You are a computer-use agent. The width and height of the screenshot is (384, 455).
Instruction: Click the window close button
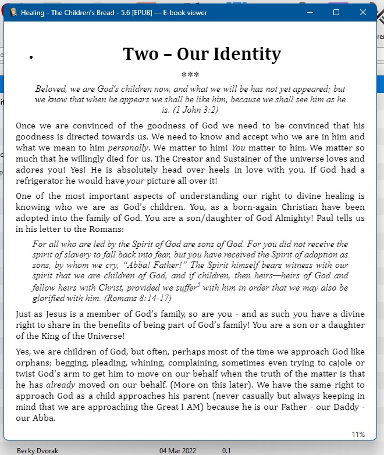tap(363, 12)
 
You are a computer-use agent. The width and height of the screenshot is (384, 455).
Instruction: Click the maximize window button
tap(336, 12)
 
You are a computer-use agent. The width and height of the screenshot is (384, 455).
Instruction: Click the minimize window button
tap(310, 12)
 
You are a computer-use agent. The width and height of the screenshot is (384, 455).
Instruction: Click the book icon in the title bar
tap(13, 12)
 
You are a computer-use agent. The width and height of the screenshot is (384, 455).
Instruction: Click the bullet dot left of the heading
tap(30, 57)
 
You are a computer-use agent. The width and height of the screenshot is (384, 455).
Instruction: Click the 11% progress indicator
tap(358, 434)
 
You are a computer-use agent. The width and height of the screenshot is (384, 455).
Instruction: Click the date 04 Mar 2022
tap(178, 450)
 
